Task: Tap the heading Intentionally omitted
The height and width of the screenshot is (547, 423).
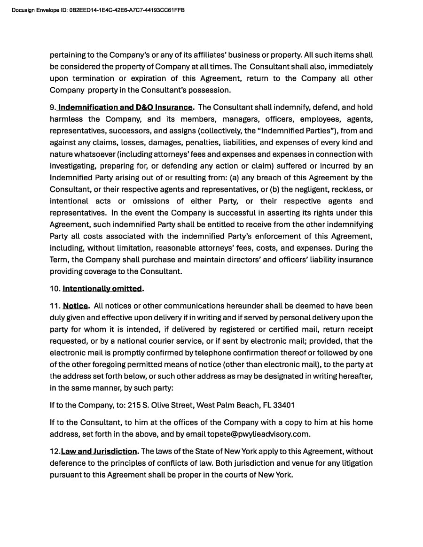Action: [102, 288]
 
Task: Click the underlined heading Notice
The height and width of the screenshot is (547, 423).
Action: [76, 306]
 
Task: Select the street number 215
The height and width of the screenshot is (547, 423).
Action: [134, 405]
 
